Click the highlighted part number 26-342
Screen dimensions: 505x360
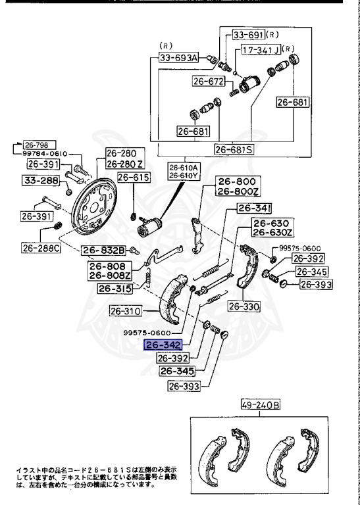click(163, 345)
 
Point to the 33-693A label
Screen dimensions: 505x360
click(178, 58)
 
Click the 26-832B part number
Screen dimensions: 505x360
click(103, 250)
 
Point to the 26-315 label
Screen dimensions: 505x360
click(115, 288)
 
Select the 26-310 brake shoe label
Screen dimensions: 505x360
click(124, 311)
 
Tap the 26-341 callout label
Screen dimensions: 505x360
click(253, 210)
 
